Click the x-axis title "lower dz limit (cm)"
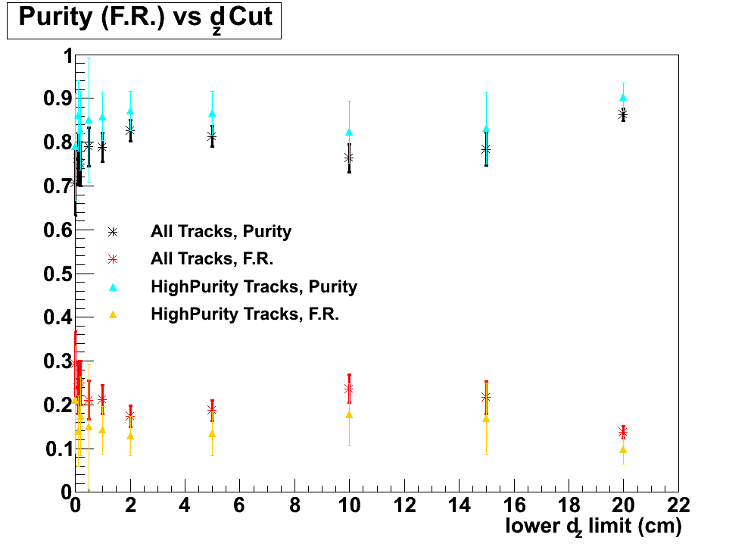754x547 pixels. click(594, 525)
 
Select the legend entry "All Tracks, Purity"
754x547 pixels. click(220, 232)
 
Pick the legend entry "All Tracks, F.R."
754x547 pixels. click(211, 259)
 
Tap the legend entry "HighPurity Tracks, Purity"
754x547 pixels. click(254, 286)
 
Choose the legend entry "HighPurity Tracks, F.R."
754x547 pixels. click(245, 314)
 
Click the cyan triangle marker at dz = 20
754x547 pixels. click(623, 97)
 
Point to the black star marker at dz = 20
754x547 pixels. click(623, 114)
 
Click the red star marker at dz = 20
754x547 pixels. click(623, 432)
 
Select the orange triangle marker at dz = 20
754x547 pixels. click(623, 449)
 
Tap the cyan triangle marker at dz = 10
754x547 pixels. click(349, 132)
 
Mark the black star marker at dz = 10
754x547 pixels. click(349, 158)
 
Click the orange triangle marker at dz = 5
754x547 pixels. click(212, 433)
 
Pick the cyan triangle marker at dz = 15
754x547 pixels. click(486, 129)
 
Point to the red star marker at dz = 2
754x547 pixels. click(130, 416)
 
